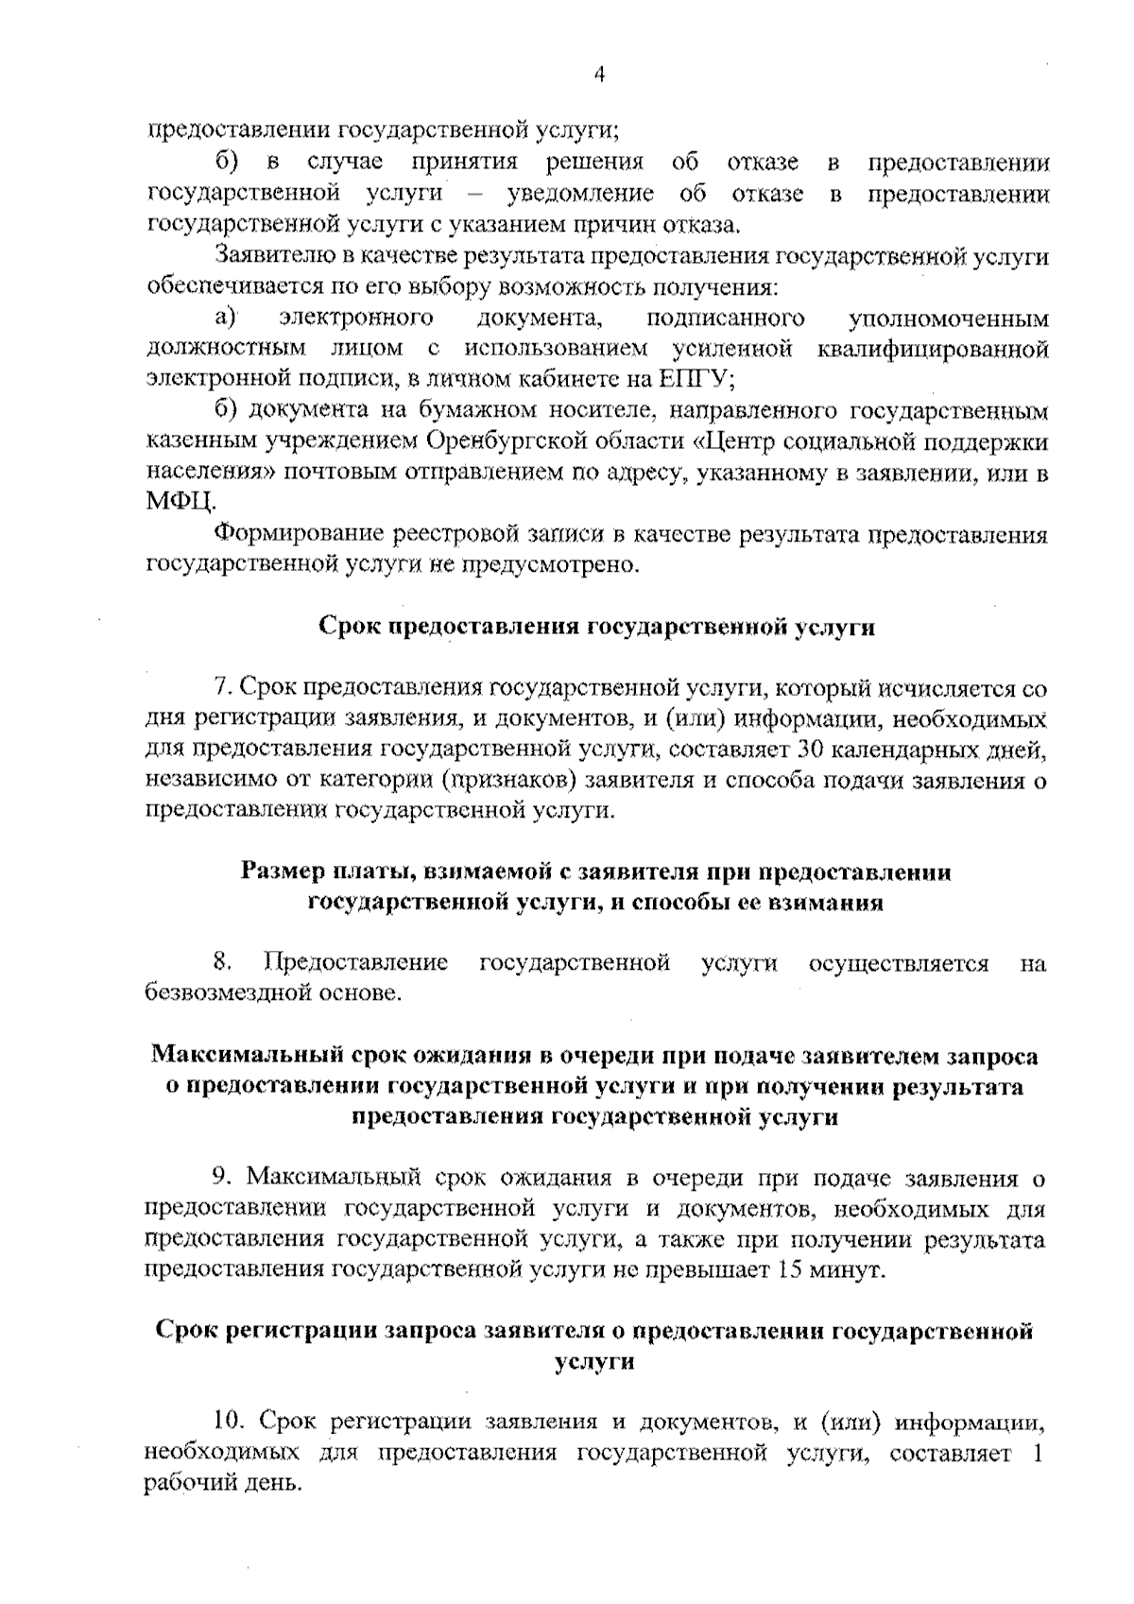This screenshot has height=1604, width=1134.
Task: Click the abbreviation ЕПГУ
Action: click(x=694, y=379)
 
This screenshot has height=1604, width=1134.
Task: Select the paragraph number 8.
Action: click(x=223, y=963)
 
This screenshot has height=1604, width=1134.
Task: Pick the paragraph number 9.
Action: click(x=222, y=1178)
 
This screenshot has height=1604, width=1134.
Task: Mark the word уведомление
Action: click(x=580, y=195)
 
